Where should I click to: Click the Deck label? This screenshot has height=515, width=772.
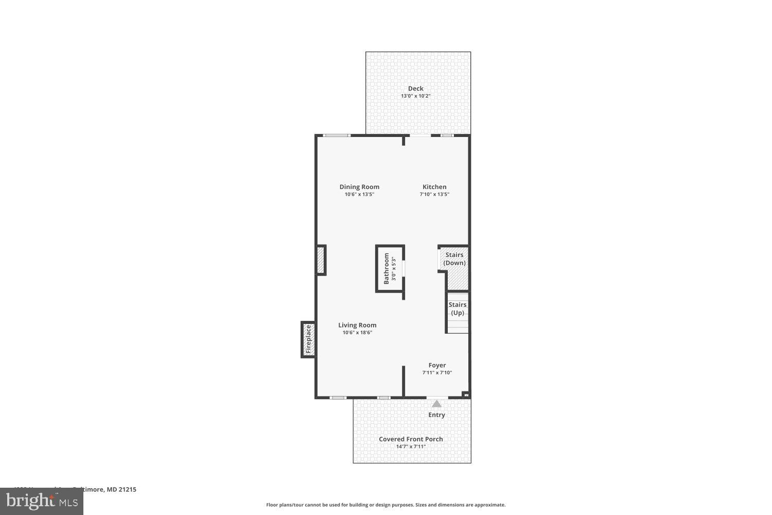[415, 89]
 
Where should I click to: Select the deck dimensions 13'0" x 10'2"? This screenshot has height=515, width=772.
[415, 96]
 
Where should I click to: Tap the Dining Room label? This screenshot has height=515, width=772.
[359, 187]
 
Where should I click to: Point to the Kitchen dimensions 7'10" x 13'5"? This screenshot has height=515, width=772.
[434, 195]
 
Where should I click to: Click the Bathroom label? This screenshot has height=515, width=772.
[387, 268]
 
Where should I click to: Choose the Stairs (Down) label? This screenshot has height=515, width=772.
[454, 259]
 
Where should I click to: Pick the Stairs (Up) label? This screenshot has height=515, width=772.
[457, 308]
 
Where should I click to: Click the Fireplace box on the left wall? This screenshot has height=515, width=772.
[308, 339]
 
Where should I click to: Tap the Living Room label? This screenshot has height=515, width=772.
[357, 325]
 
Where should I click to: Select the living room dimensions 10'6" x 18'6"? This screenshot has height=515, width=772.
[357, 333]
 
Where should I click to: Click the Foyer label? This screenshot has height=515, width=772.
[437, 365]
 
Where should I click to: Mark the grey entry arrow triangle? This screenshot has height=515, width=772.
[436, 404]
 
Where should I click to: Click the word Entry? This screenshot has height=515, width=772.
[436, 415]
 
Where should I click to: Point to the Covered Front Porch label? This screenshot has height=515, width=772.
[411, 439]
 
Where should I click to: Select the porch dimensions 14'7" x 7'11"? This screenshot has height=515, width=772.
[411, 447]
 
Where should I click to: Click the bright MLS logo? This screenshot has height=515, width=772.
[42, 501]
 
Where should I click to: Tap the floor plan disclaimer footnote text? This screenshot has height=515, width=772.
[385, 505]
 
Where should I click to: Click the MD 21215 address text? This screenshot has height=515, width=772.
[121, 490]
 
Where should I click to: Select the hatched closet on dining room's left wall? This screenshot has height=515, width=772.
[321, 260]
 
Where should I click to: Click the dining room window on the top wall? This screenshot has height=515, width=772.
[337, 135]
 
